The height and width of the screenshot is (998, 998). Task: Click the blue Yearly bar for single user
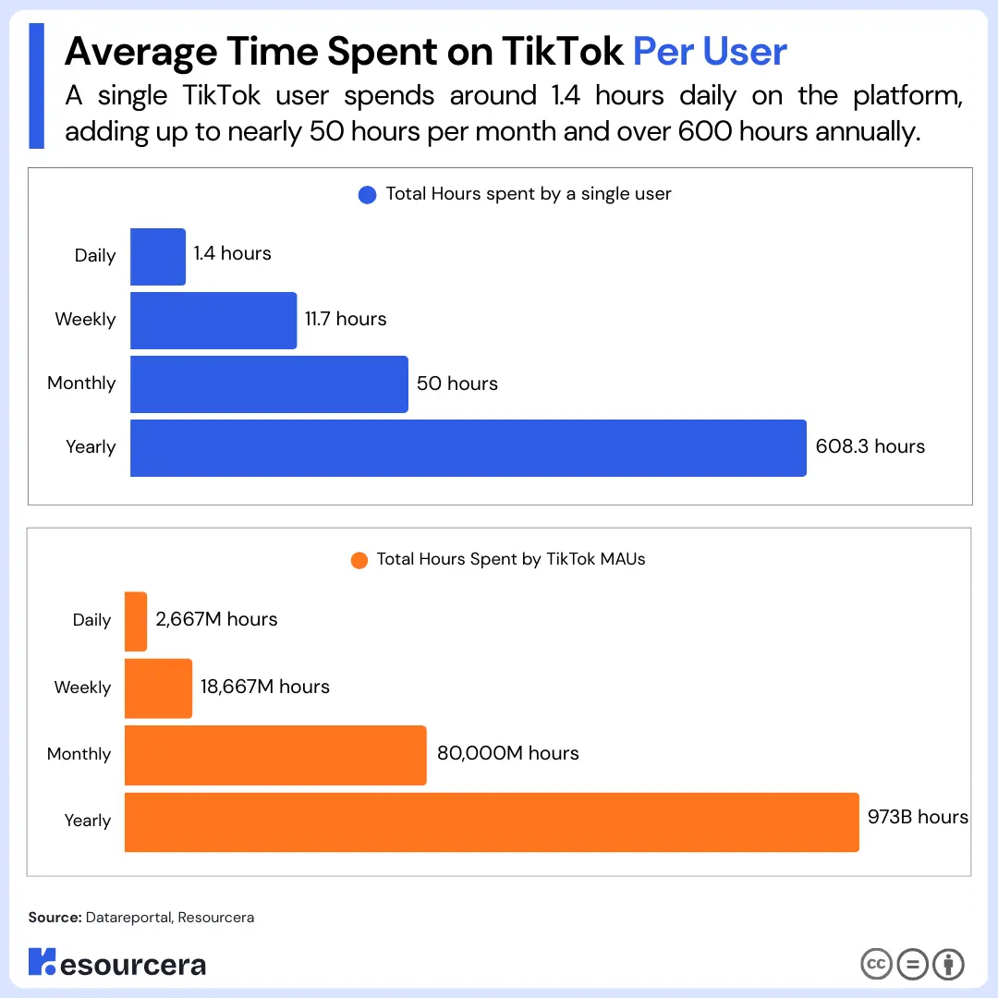(468, 448)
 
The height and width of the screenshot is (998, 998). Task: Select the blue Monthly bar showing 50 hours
(269, 384)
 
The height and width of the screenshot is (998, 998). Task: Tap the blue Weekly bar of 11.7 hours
(213, 321)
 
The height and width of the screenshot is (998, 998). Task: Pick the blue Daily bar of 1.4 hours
(158, 257)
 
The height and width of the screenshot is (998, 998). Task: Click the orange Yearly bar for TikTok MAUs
(492, 822)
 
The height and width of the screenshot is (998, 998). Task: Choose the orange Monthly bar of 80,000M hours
(275, 755)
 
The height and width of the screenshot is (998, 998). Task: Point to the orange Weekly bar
(158, 688)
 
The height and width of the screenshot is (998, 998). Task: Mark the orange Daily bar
(136, 621)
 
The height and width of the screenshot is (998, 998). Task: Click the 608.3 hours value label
(870, 446)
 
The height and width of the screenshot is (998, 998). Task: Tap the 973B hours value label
(918, 817)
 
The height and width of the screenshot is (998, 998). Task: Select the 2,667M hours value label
(216, 619)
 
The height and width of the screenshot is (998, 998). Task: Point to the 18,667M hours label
(264, 687)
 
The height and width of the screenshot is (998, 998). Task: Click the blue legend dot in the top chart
(367, 195)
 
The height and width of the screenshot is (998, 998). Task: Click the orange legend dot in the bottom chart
(359, 560)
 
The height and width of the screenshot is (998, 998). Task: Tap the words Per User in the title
(710, 52)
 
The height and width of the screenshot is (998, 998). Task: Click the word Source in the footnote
(54, 918)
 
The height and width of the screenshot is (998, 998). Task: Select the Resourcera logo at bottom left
(117, 963)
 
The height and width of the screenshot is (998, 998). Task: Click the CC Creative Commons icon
(876, 964)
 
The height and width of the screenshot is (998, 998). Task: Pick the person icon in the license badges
(948, 964)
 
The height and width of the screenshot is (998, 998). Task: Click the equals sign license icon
(912, 964)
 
